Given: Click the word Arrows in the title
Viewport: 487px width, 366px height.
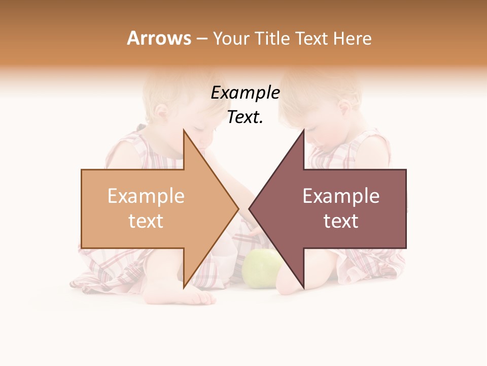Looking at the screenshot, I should (x=159, y=38).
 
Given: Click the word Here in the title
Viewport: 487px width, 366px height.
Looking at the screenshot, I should (x=353, y=39).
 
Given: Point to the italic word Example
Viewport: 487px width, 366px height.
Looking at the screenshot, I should (x=245, y=93).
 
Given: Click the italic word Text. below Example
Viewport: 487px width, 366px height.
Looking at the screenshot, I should (x=245, y=117).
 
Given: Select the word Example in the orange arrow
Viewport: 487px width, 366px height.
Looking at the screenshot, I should (x=146, y=196).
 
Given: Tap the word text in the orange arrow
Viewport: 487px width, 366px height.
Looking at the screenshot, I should (x=146, y=221).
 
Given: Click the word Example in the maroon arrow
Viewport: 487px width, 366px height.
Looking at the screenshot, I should (x=341, y=196).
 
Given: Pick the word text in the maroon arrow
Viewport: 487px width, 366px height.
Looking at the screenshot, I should (x=341, y=221).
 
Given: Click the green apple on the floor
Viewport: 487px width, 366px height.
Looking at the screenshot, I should (x=262, y=268).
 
